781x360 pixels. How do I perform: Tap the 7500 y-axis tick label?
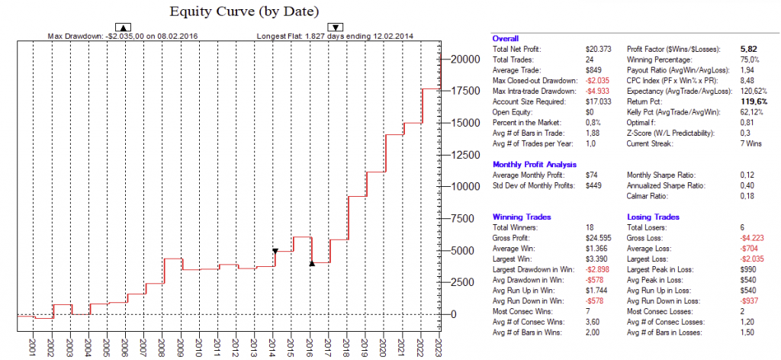(462, 219)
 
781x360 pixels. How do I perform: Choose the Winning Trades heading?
(522, 217)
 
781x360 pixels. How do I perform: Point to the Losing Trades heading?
(654, 217)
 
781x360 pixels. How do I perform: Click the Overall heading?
(506, 38)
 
